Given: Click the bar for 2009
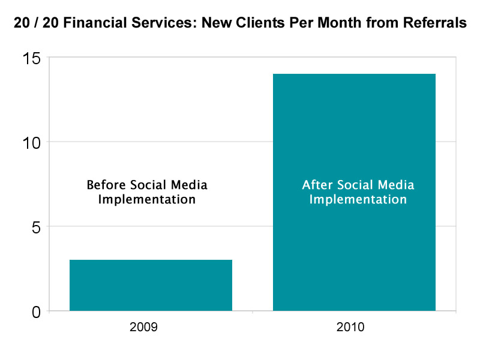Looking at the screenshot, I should [x=151, y=285].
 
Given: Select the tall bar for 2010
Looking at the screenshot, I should [x=354, y=192].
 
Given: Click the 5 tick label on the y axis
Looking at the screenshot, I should [x=36, y=227].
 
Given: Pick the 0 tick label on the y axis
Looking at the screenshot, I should [x=36, y=311].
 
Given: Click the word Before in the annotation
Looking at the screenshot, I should [x=105, y=184].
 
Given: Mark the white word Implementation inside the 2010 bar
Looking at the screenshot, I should [x=358, y=199].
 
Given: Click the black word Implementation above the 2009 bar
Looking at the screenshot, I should [x=146, y=199].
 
